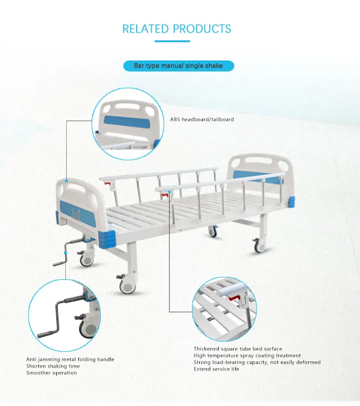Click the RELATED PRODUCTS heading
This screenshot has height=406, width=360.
177,29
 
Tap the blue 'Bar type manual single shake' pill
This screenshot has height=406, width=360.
179,65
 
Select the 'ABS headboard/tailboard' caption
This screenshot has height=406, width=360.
202,119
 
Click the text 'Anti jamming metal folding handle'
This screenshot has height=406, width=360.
70,359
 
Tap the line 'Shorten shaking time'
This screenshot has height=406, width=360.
53,366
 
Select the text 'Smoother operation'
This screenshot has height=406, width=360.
51,373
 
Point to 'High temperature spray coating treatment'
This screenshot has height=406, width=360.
247,356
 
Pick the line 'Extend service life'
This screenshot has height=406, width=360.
216,369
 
